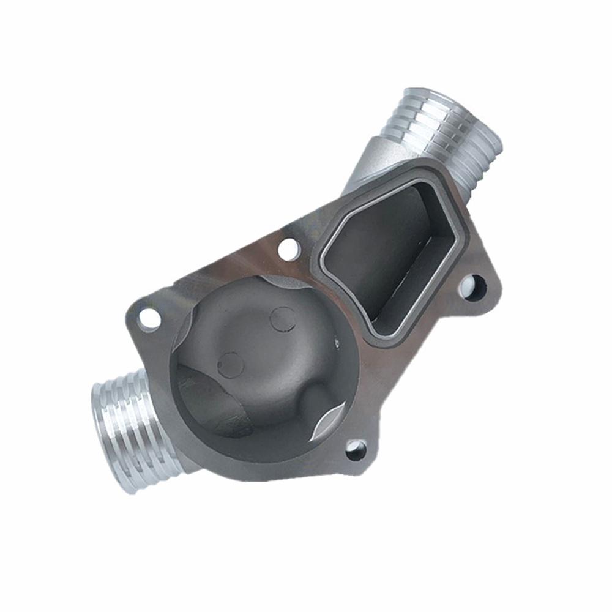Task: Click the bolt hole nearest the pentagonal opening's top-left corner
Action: [x=288, y=248]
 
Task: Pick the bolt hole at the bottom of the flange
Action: [x=356, y=451]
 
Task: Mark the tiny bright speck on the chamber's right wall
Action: [x=337, y=348]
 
